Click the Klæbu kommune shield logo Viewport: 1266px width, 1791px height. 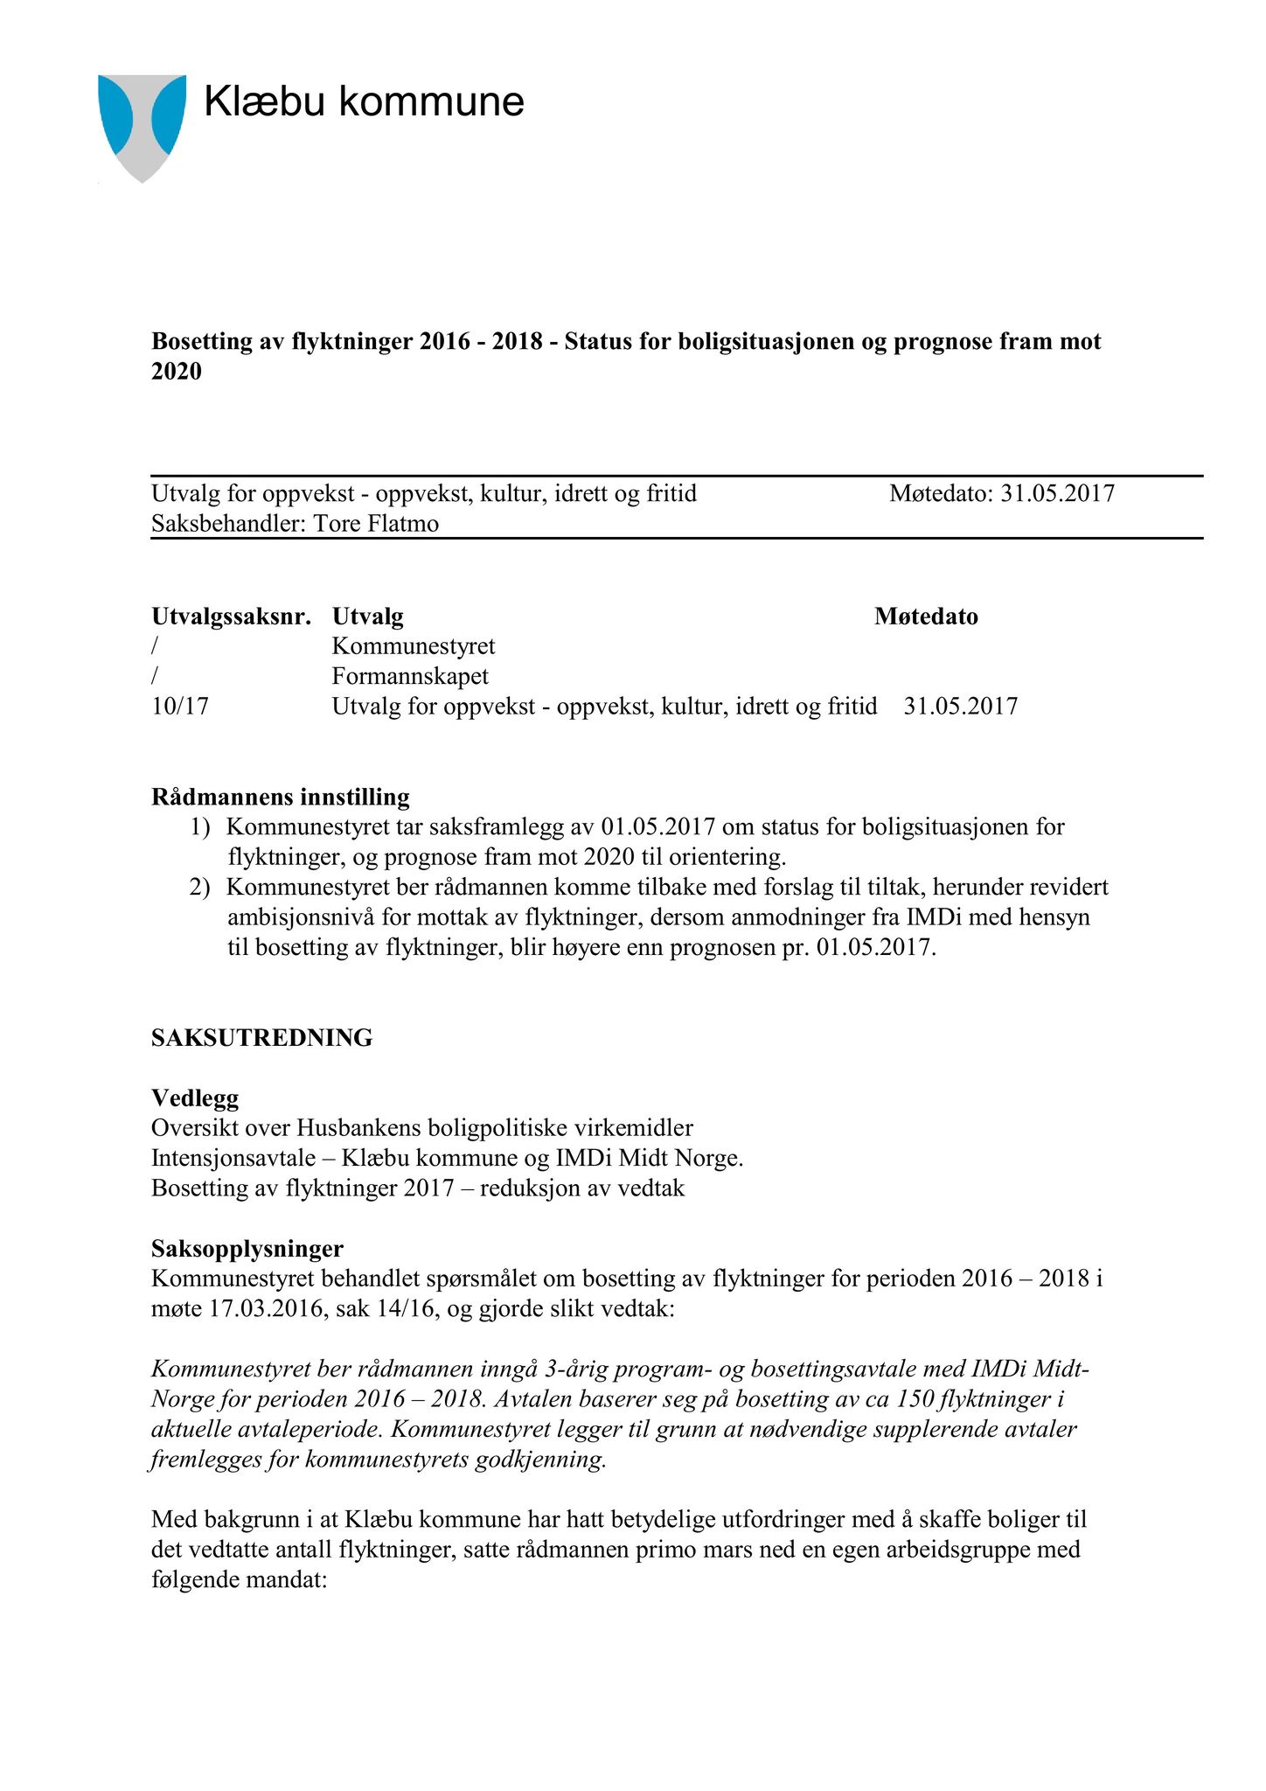(142, 126)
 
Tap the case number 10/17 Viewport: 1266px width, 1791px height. (180, 706)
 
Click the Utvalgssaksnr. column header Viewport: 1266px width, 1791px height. (231, 617)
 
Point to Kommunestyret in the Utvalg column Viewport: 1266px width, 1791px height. (413, 646)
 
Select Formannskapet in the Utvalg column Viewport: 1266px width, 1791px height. (410, 676)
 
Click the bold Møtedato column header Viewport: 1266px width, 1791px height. (926, 617)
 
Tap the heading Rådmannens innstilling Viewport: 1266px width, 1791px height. (280, 797)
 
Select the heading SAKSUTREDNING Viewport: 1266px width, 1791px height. (261, 1038)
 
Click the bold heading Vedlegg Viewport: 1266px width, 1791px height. (194, 1098)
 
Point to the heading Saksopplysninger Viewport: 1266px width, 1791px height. (247, 1248)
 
